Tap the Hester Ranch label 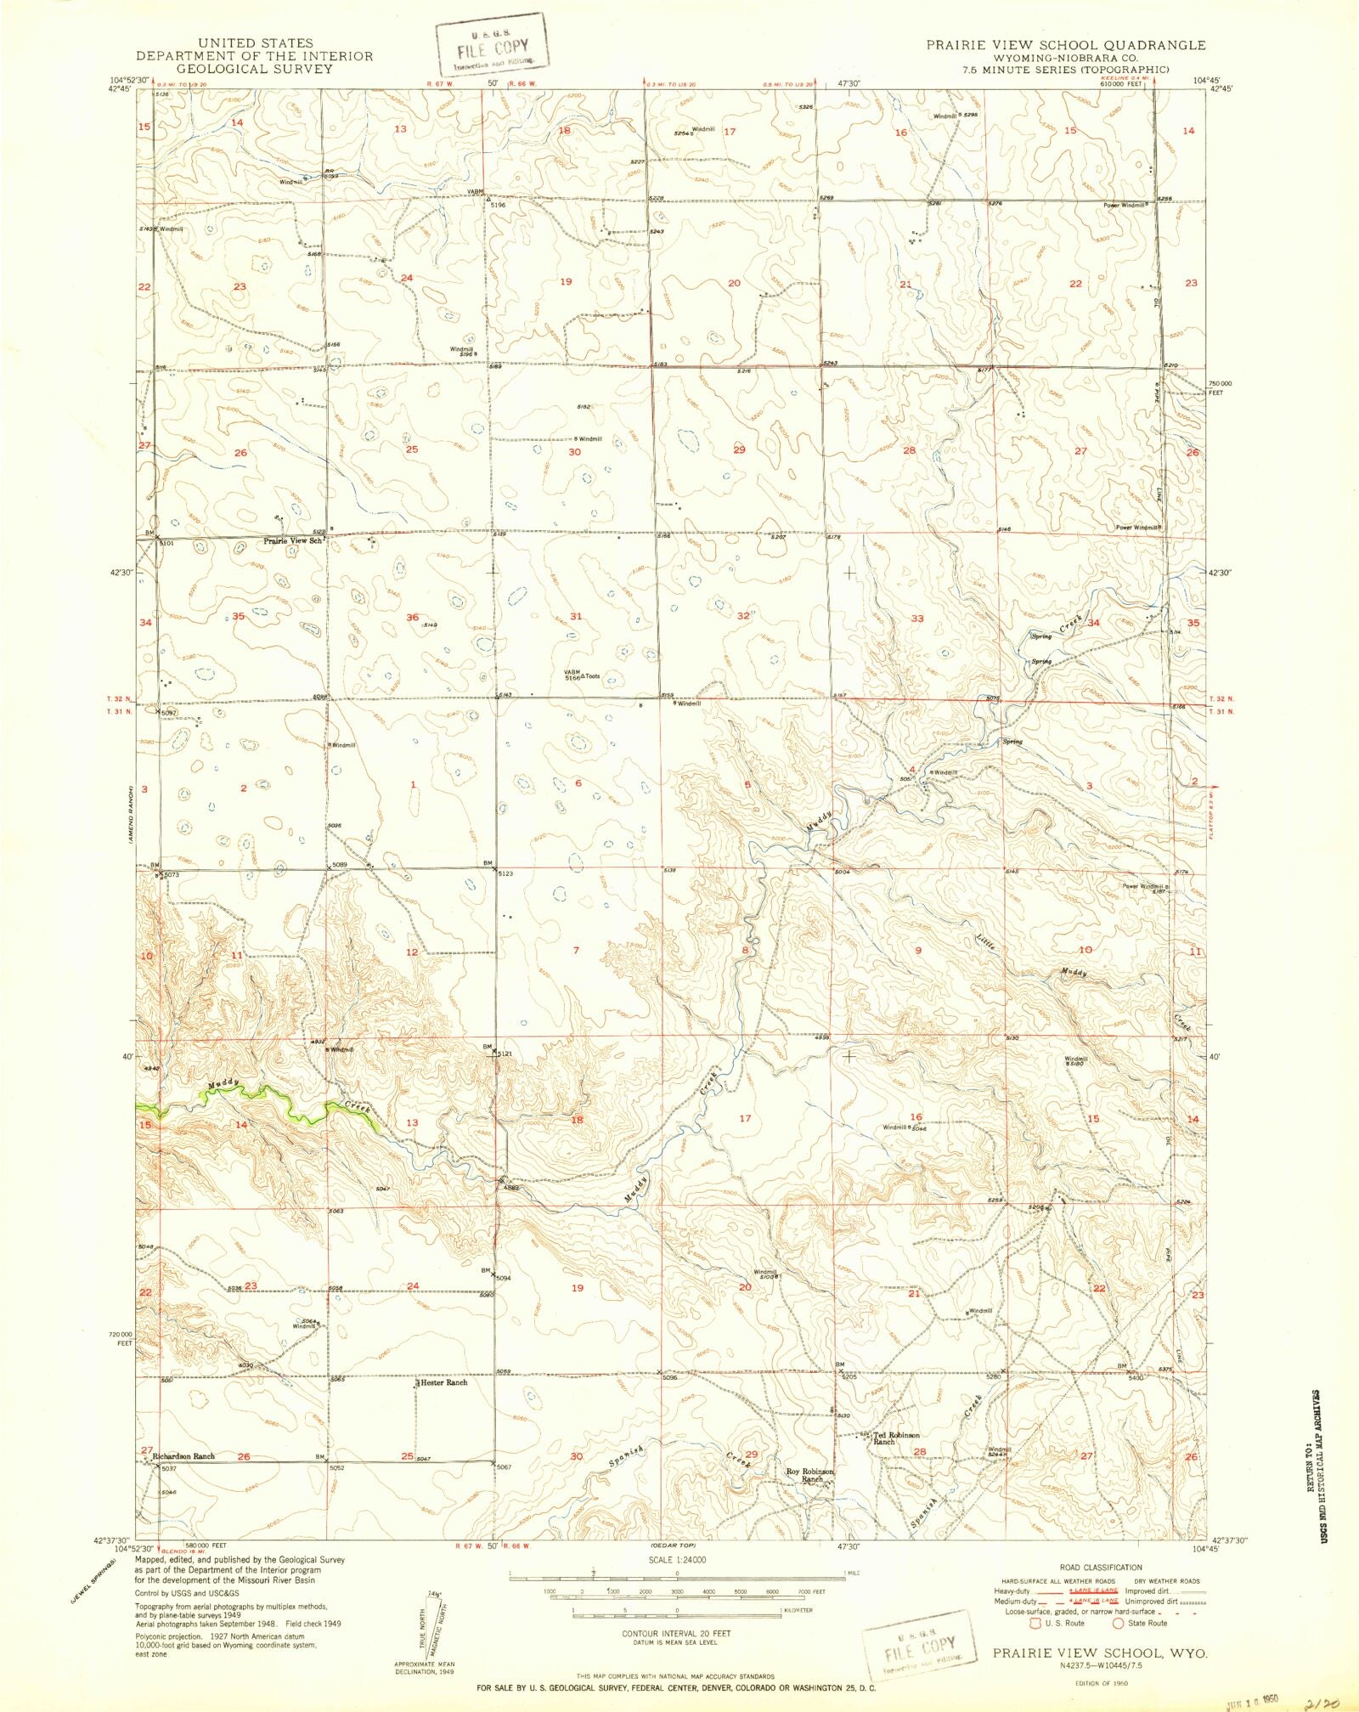[442, 1382]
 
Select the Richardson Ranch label [183, 1456]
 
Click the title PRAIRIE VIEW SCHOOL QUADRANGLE [1065, 45]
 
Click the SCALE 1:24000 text [676, 1561]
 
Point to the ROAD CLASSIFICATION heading [1100, 1568]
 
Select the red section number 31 [576, 616]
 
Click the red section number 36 [412, 617]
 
